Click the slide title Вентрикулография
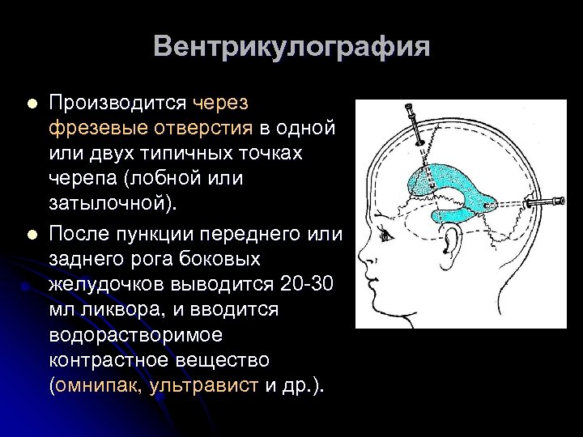[290, 46]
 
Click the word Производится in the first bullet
[118, 104]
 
